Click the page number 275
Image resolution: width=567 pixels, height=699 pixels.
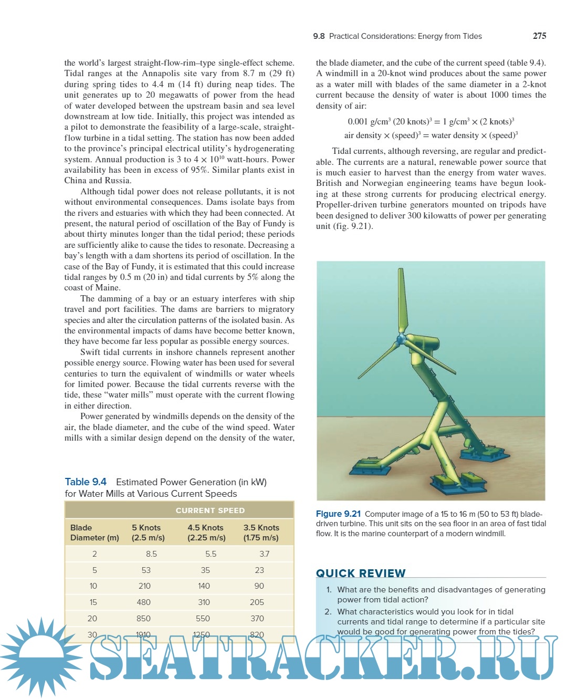pyautogui.click(x=539, y=36)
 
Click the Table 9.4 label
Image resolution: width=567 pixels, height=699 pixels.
pyautogui.click(x=86, y=482)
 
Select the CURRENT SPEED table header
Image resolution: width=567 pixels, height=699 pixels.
pyautogui.click(x=210, y=510)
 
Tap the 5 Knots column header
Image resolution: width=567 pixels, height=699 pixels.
pyautogui.click(x=146, y=528)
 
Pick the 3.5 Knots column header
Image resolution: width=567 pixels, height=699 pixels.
pyautogui.click(x=261, y=528)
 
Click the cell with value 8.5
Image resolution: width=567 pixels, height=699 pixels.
pyautogui.click(x=152, y=554)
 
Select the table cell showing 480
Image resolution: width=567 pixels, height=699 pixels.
pyautogui.click(x=144, y=602)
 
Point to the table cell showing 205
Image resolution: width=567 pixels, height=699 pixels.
pyautogui.click(x=257, y=602)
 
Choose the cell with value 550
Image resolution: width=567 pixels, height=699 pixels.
pyautogui.click(x=203, y=619)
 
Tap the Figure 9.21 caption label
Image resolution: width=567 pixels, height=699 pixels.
pyautogui.click(x=338, y=514)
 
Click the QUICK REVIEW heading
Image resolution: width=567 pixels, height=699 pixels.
pyautogui.click(x=361, y=573)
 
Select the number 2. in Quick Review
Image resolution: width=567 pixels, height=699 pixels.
pyautogui.click(x=328, y=612)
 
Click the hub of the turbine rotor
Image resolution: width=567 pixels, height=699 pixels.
pyautogui.click(x=401, y=338)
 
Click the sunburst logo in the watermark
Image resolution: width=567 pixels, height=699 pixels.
pyautogui.click(x=41, y=656)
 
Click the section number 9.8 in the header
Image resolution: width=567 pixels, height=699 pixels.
pyautogui.click(x=319, y=36)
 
